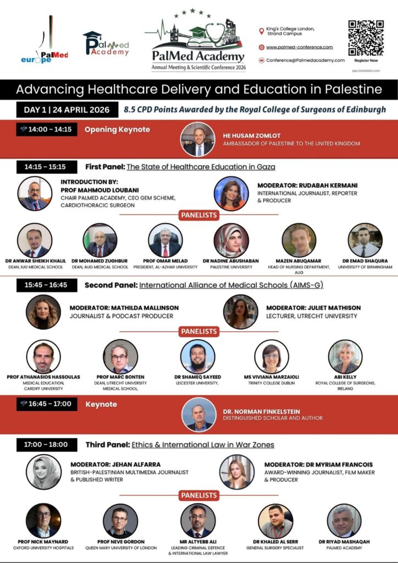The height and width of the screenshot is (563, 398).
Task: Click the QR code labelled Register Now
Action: click(366, 38)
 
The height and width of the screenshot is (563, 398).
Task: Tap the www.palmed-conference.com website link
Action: click(299, 47)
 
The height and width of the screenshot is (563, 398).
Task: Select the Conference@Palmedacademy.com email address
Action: click(305, 60)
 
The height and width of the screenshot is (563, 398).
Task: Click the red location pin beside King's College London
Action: click(262, 31)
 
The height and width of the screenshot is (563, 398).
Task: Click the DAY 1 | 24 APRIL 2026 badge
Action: click(67, 109)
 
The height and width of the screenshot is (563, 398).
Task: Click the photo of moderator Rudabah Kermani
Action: click(231, 193)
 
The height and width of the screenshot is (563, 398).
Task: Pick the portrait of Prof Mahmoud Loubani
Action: click(35, 194)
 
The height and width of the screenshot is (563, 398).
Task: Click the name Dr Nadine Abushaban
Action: click(231, 261)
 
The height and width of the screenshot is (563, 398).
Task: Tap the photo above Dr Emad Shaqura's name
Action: click(365, 240)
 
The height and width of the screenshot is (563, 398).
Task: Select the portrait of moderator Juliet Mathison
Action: click(240, 312)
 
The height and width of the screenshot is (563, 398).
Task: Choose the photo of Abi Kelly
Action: click(345, 356)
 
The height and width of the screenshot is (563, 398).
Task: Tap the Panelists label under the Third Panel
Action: click(199, 495)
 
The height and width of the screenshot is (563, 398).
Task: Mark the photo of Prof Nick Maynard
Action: click(43, 520)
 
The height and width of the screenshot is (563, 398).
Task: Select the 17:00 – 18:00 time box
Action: click(46, 444)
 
